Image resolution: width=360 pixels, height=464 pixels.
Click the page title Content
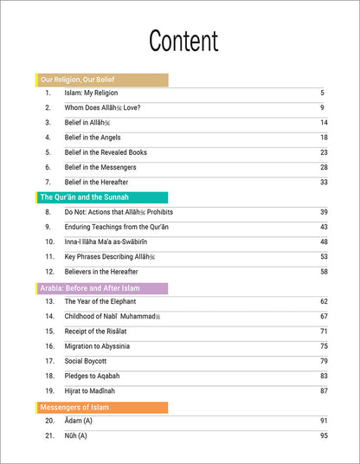183,41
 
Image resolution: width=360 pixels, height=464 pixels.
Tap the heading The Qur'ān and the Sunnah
82,197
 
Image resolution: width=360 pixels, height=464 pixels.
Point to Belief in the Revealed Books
106,152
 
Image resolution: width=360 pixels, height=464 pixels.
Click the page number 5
321,93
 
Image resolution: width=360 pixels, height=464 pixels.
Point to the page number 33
324,183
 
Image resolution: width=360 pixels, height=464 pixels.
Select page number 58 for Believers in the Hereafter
324,272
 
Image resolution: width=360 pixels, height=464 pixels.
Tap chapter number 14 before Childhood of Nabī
49,317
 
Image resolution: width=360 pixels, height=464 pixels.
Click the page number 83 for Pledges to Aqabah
324,376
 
